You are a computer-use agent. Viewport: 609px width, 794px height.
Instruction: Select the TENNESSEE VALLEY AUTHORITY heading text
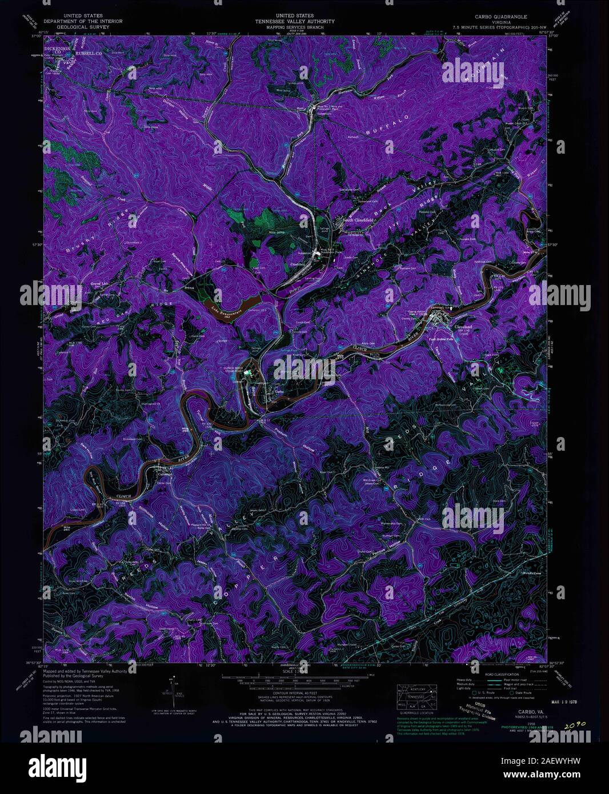pos(295,22)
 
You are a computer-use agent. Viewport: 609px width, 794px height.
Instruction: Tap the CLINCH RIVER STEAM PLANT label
pos(236,370)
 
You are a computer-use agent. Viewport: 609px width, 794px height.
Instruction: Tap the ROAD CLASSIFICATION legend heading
pos(492,675)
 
